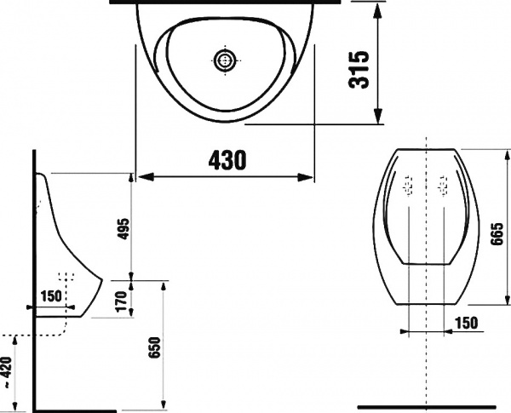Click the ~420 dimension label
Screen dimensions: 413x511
coord(7,372)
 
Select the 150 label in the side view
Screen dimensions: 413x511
coord(52,296)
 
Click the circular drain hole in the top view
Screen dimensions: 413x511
coord(225,60)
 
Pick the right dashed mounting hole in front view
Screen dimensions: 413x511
coord(441,185)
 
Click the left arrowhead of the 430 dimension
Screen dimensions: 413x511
coord(142,177)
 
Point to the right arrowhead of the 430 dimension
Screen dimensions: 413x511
coord(307,177)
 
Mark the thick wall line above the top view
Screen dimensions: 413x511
coord(225,3)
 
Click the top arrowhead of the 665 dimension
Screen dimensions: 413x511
coord(508,152)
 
